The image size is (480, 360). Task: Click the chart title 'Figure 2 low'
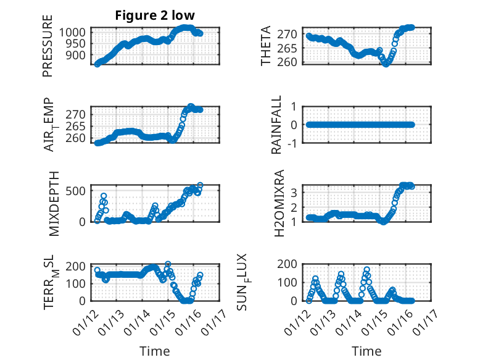click(x=155, y=15)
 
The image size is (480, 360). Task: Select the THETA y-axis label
click(x=266, y=46)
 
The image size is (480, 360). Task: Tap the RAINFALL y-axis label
click(x=277, y=125)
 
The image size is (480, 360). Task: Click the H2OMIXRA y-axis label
click(x=279, y=203)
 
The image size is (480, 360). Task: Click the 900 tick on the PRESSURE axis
click(x=81, y=55)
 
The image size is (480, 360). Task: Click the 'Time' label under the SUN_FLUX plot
click(x=366, y=351)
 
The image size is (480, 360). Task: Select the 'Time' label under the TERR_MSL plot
click(x=155, y=351)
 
